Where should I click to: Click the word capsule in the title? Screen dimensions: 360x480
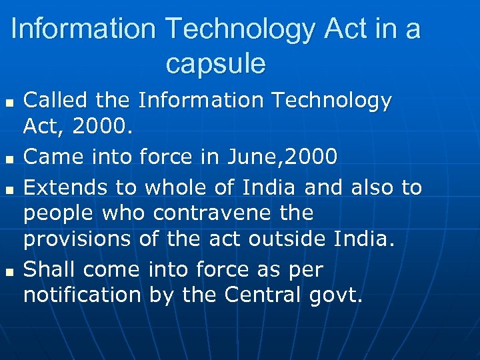click(215, 64)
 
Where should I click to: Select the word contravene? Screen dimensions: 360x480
click(210, 214)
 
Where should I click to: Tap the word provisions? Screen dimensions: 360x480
click(78, 239)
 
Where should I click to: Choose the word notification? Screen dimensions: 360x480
click(82, 294)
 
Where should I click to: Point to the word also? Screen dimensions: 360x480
click(369, 188)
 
